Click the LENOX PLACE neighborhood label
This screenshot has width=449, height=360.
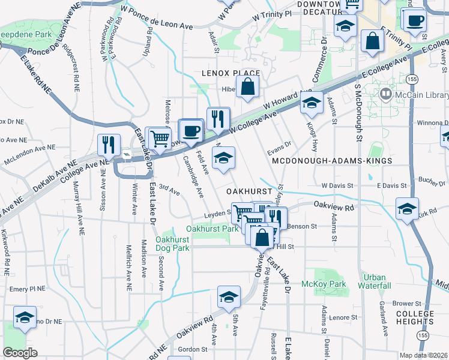click(231, 73)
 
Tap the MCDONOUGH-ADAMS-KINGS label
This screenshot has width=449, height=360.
click(332, 161)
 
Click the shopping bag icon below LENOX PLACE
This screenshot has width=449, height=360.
click(247, 88)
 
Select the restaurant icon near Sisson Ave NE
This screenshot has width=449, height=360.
click(109, 146)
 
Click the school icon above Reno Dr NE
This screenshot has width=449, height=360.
click(25, 318)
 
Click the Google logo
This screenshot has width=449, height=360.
click(20, 353)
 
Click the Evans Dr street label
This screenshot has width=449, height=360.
click(279, 144)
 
